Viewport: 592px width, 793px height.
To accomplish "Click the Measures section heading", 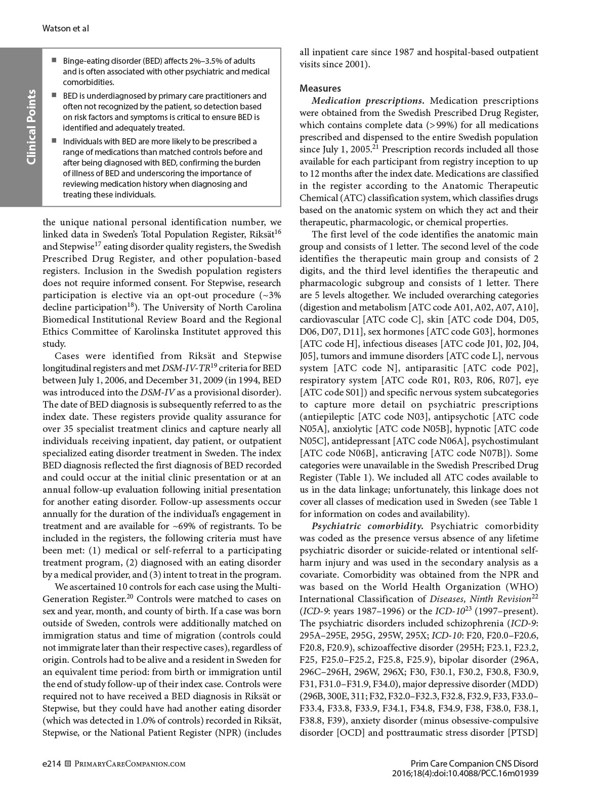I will coord(320,89).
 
